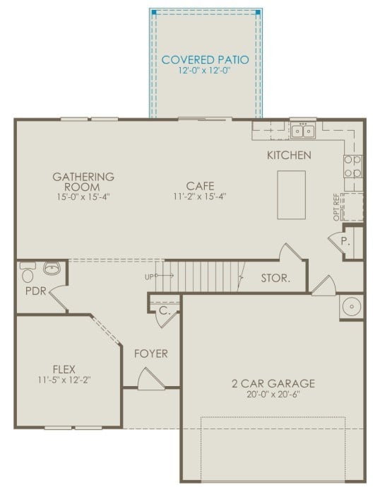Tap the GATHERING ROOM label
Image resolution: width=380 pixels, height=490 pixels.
click(x=84, y=181)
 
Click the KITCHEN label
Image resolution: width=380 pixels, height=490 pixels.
click(x=288, y=155)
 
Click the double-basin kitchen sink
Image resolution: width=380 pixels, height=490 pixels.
click(x=304, y=131)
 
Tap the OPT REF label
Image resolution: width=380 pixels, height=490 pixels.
click(x=337, y=206)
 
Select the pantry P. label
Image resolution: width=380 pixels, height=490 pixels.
click(x=345, y=240)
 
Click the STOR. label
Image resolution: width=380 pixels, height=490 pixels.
click(x=275, y=278)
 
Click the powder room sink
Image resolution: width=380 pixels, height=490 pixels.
click(x=52, y=268)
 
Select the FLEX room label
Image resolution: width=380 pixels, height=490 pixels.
click(x=64, y=368)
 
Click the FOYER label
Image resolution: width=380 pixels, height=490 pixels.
click(x=151, y=353)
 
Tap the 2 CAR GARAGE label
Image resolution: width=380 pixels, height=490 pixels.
click(x=273, y=384)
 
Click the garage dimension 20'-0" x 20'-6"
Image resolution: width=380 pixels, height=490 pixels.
click(x=273, y=396)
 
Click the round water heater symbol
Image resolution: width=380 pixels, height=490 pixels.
click(x=351, y=306)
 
